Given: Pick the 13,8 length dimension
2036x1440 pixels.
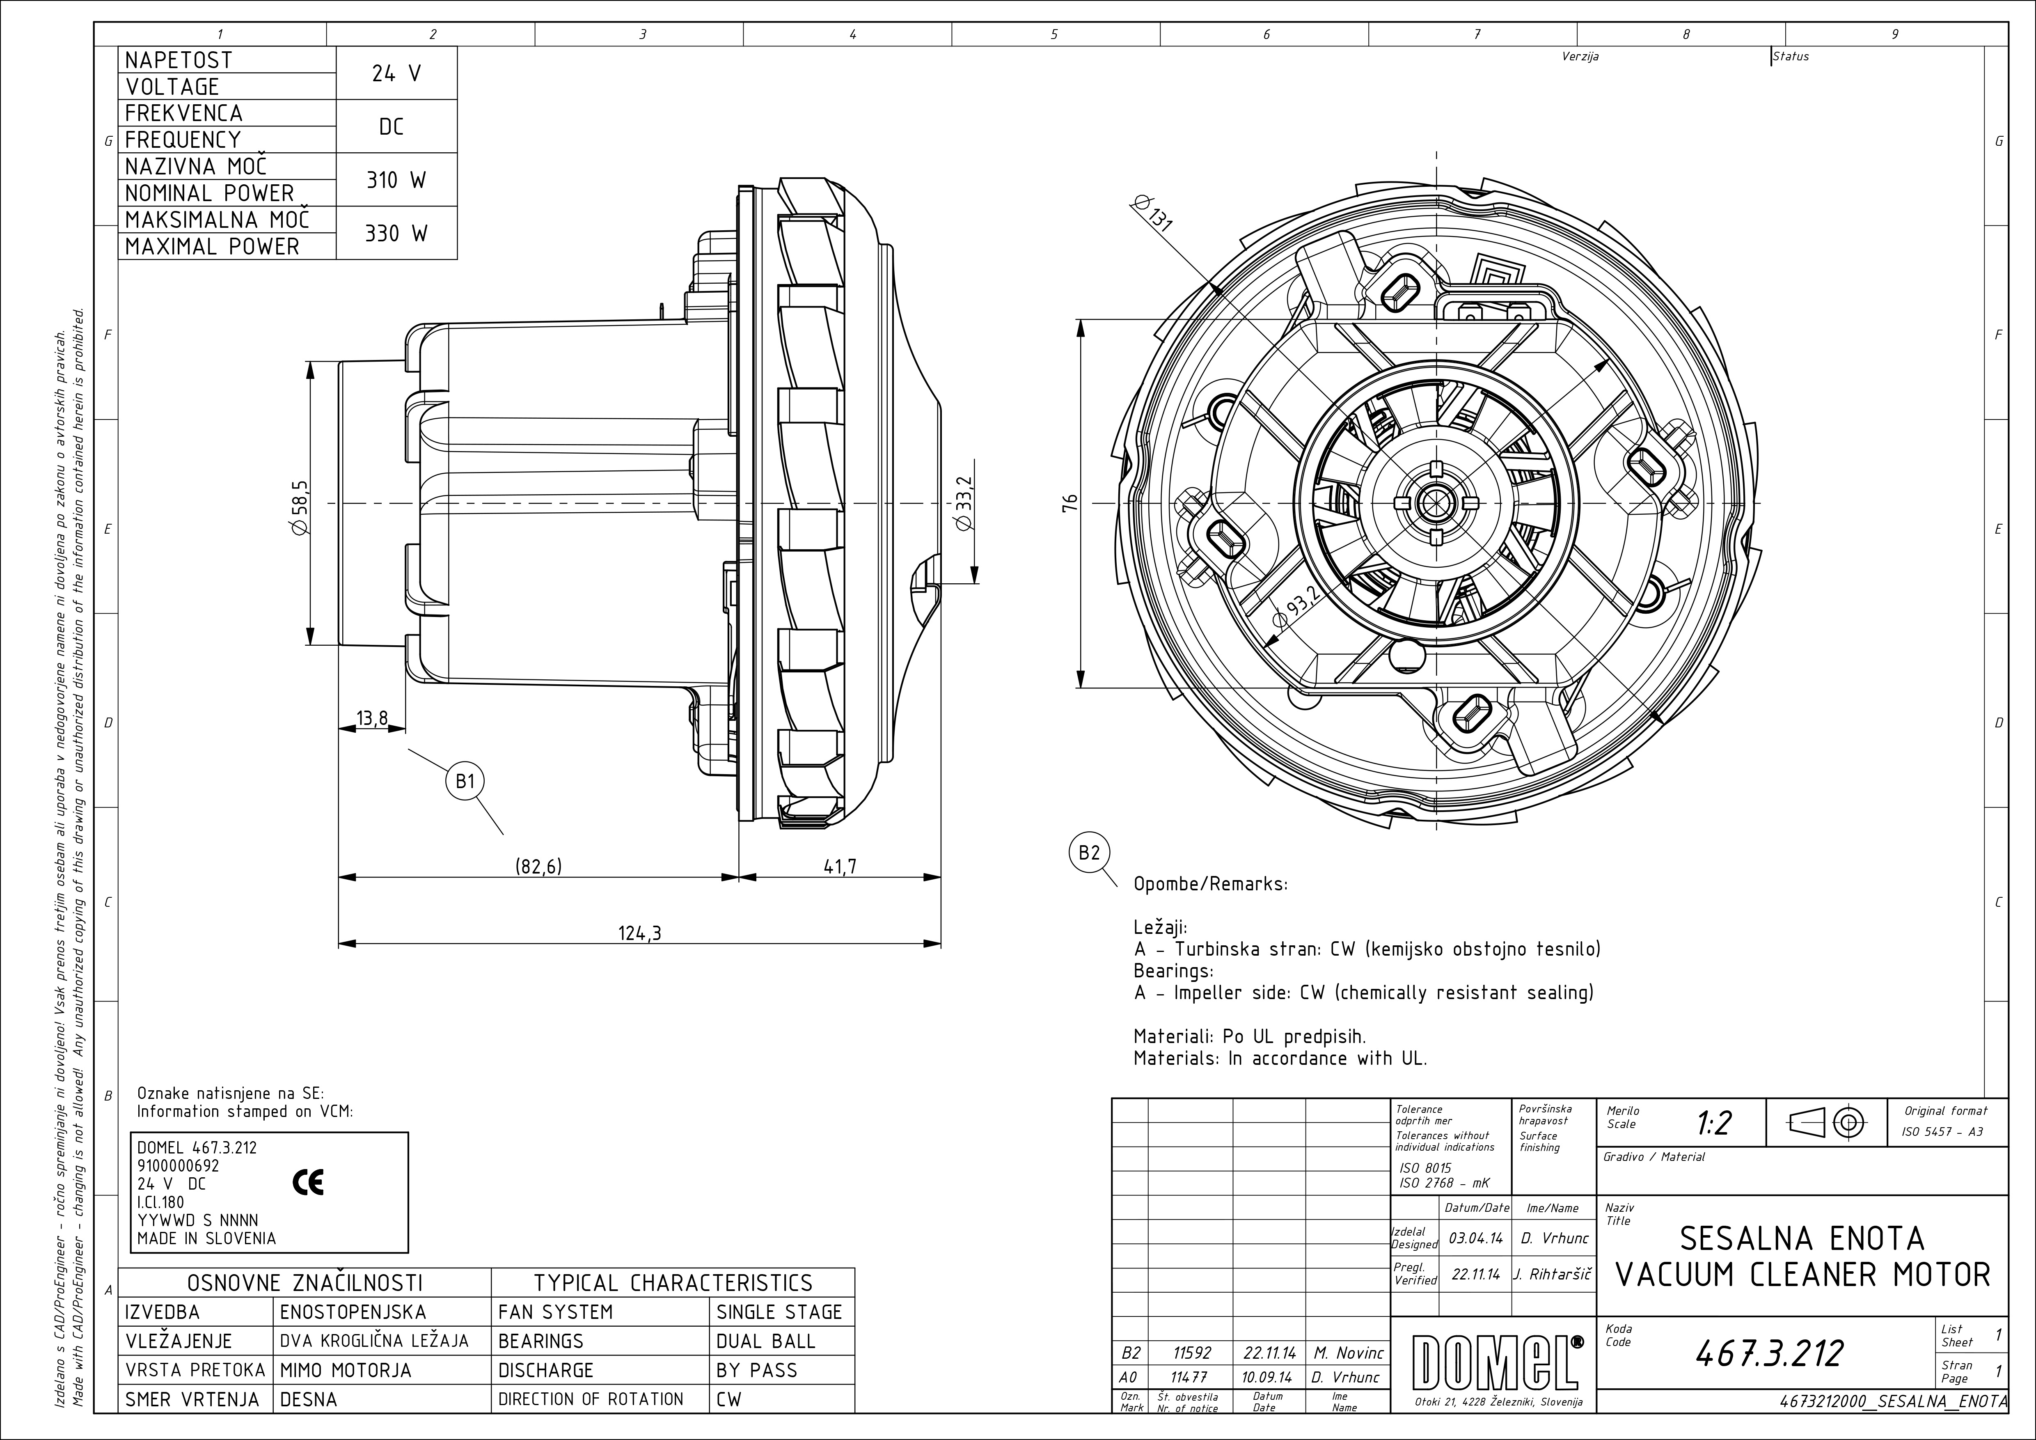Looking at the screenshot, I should click(x=373, y=718).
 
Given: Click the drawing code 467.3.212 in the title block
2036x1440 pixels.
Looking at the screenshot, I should click(x=1769, y=1352).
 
